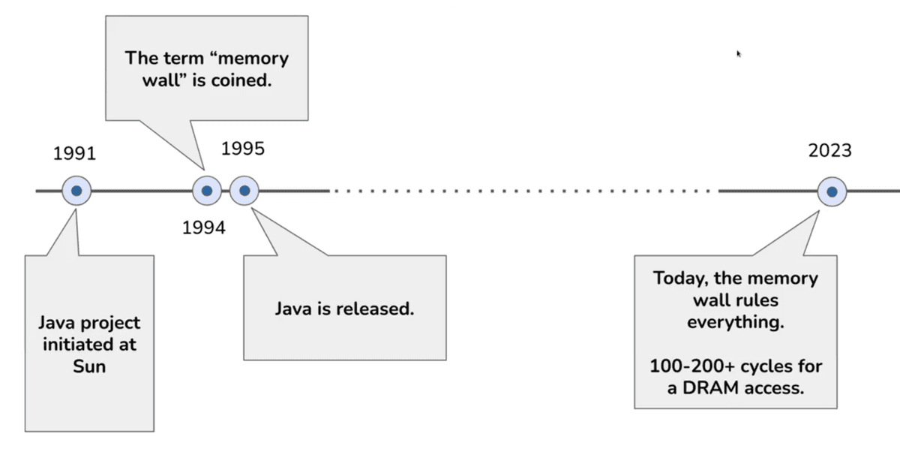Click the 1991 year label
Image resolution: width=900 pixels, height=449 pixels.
tap(75, 154)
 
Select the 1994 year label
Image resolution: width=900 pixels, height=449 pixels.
tap(203, 228)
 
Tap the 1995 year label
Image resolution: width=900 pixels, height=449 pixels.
tap(243, 149)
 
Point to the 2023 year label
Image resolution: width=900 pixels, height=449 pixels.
tap(829, 151)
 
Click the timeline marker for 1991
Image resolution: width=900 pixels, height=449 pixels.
tap(76, 191)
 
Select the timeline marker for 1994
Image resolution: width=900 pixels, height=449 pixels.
tap(207, 191)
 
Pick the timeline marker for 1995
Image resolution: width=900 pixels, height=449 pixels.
tap(244, 191)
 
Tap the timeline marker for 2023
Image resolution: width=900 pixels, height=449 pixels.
tap(832, 192)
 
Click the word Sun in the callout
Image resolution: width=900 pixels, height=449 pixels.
tap(89, 366)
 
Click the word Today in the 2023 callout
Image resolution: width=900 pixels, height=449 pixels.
tap(679, 279)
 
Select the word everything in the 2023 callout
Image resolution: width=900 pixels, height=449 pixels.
tap(735, 322)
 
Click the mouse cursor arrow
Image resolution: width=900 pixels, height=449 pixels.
tap(739, 54)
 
